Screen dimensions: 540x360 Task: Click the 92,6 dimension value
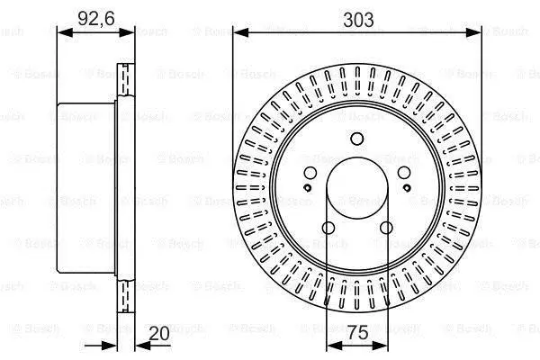click(96, 18)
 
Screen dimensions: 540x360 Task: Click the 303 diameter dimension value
click(358, 20)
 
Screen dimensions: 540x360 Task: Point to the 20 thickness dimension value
click(159, 333)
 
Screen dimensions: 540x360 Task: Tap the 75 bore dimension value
click(358, 333)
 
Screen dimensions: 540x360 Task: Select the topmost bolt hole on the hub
click(357, 139)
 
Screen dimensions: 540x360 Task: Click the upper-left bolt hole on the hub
click(310, 173)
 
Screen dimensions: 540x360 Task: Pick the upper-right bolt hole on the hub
click(404, 173)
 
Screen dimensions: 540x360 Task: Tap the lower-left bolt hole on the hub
click(328, 228)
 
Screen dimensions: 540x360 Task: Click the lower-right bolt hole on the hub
click(386, 228)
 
